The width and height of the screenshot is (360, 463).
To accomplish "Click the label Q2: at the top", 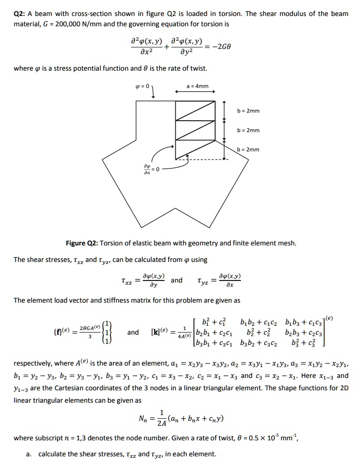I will point(20,14).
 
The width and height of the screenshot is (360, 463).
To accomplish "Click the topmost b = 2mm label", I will point(248,111).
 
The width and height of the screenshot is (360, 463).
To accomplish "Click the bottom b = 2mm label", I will point(248,150).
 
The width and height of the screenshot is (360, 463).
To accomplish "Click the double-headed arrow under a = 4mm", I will point(193,93).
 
